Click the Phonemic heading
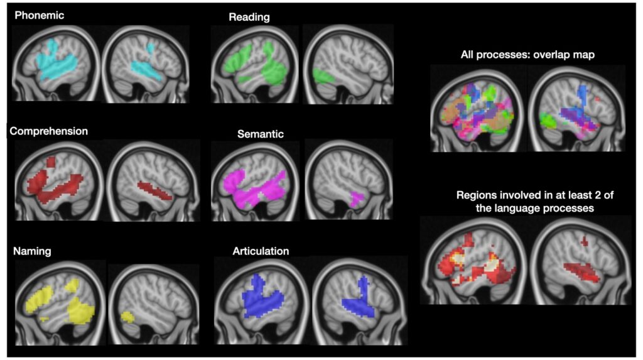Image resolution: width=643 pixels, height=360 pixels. [40, 15]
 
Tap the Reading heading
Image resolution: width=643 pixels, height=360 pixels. [249, 17]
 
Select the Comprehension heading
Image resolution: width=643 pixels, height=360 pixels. [48, 131]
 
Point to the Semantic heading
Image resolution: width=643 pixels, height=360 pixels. [261, 134]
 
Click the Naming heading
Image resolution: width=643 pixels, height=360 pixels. [32, 251]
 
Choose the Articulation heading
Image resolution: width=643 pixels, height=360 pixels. [261, 251]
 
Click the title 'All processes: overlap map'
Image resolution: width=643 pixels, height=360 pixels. [527, 55]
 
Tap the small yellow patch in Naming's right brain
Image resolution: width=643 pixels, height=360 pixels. [127, 316]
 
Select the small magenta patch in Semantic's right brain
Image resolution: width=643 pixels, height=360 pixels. [357, 199]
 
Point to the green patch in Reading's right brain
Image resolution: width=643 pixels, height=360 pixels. [323, 77]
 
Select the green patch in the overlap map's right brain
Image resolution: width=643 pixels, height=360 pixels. [548, 119]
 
